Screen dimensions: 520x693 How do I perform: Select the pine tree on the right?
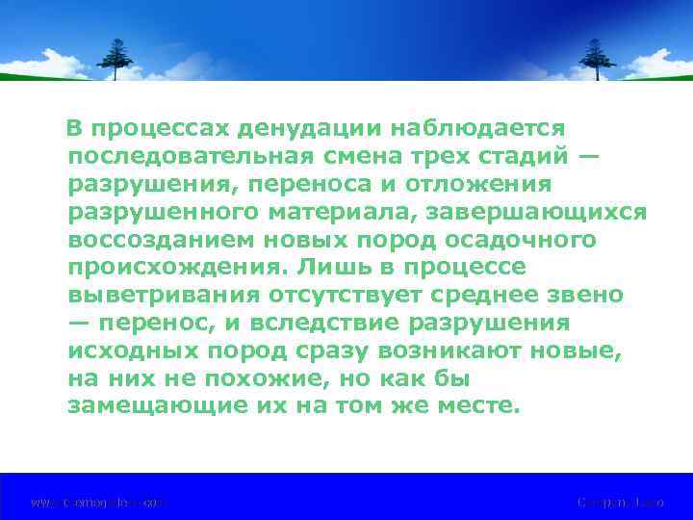(597, 59)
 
